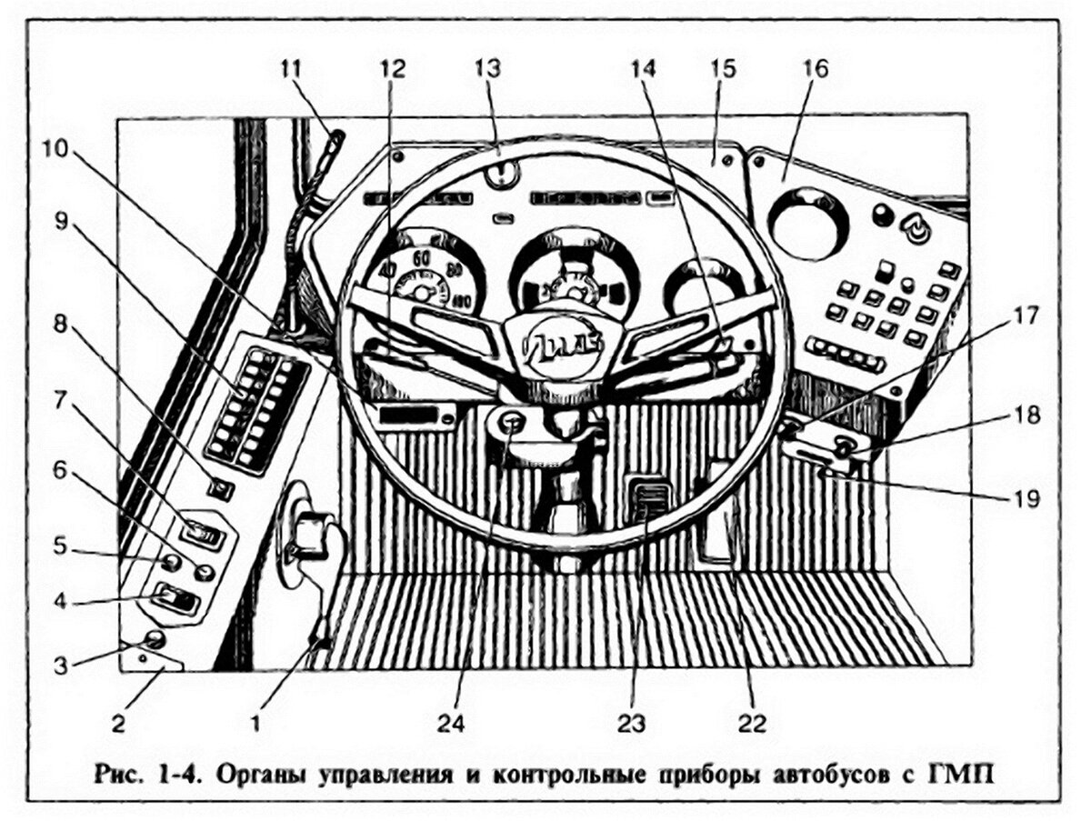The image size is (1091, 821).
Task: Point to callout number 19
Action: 1027,498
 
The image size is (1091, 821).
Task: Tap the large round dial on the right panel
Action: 808,222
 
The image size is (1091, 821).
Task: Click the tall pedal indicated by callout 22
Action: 718,514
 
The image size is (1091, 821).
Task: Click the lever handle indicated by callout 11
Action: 335,143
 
